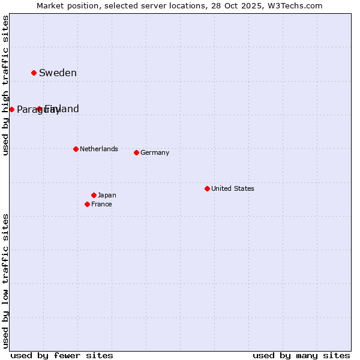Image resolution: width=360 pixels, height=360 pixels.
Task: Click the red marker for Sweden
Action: pyautogui.click(x=34, y=73)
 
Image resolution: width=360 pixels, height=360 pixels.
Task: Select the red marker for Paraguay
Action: pyautogui.click(x=11, y=109)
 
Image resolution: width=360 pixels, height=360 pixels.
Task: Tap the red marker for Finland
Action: pyautogui.click(x=39, y=109)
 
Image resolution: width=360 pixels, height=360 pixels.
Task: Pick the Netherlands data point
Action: pyautogui.click(x=76, y=149)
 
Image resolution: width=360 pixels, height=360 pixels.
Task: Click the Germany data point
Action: pyautogui.click(x=136, y=152)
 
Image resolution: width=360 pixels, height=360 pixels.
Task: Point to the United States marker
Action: pyautogui.click(x=207, y=188)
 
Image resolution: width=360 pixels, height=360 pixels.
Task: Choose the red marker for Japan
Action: pyautogui.click(x=94, y=195)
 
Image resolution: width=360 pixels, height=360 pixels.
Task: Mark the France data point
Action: pyautogui.click(x=87, y=204)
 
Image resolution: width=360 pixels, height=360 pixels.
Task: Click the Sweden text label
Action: pyautogui.click(x=58, y=73)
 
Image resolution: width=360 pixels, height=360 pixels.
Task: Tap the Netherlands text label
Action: pyautogui.click(x=98, y=149)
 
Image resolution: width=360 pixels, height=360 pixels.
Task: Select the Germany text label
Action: pyautogui.click(x=155, y=152)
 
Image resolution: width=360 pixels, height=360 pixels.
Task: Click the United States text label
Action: pyautogui.click(x=232, y=188)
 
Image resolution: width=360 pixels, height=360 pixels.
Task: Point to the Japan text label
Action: pyautogui.click(x=107, y=195)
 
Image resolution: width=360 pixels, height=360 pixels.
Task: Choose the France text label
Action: pyautogui.click(x=101, y=204)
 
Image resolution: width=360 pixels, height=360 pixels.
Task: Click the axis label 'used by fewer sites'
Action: pyautogui.click(x=62, y=355)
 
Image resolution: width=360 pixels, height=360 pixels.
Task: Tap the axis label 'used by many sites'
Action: pyautogui.click(x=301, y=355)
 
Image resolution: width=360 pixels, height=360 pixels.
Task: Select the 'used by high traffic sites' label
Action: pyautogui.click(x=5, y=86)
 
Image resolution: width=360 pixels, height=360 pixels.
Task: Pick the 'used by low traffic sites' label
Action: pyautogui.click(x=5, y=281)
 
